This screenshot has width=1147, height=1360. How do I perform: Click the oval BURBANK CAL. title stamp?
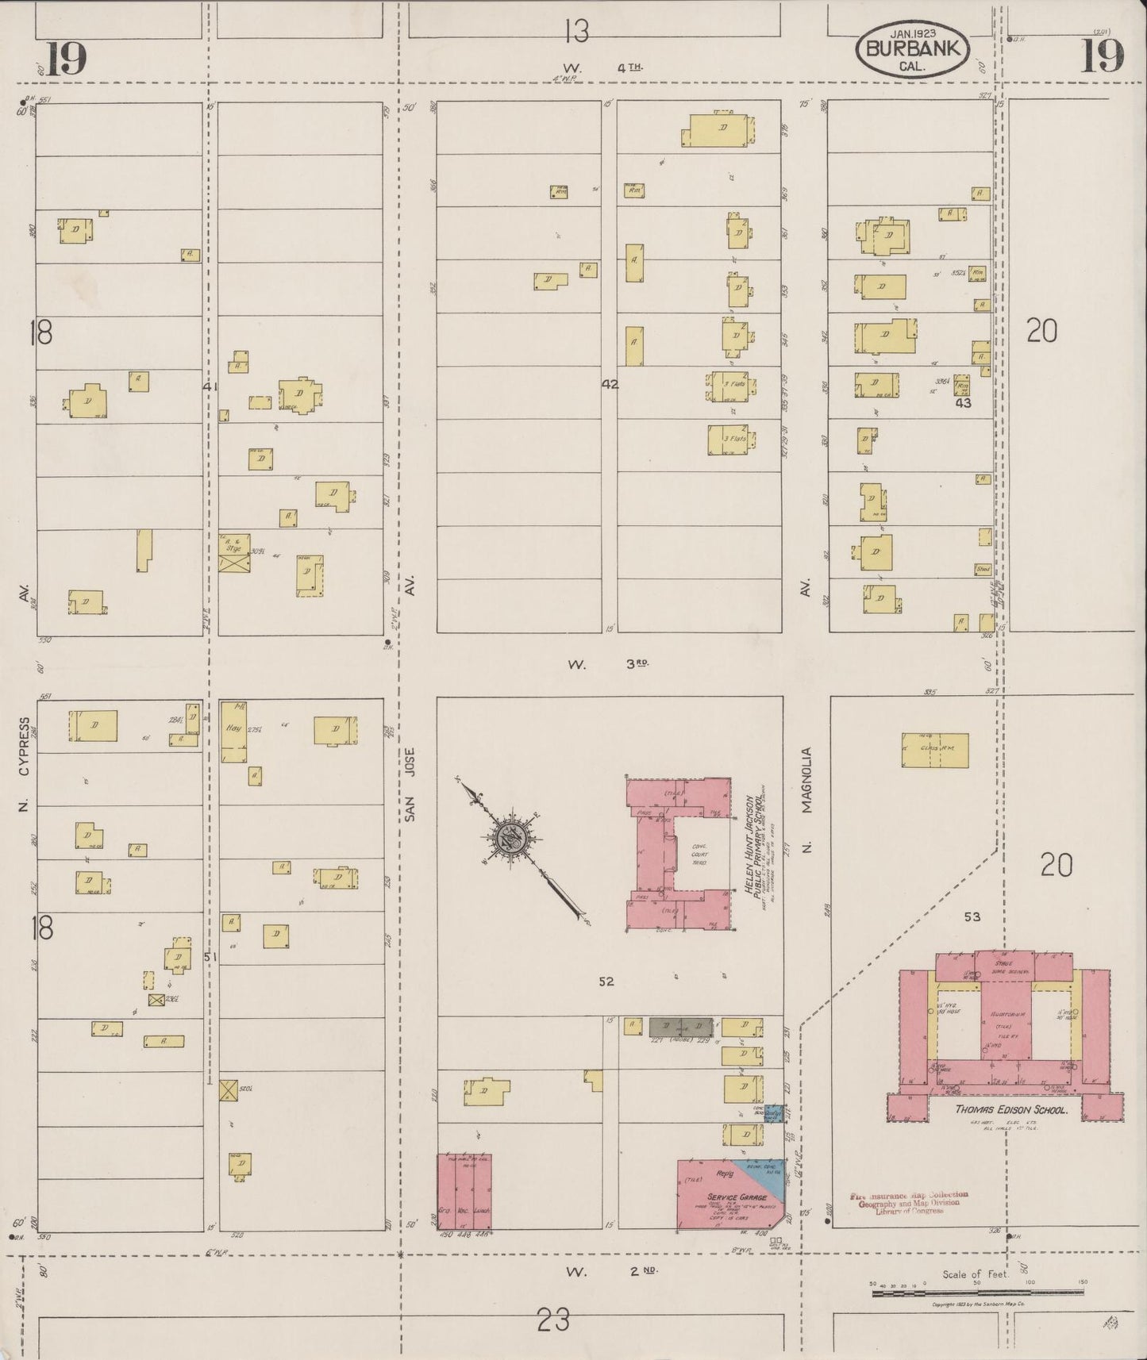912,50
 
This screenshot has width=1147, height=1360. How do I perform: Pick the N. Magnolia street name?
807,801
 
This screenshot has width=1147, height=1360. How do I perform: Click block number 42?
610,384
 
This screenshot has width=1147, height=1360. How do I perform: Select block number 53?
972,916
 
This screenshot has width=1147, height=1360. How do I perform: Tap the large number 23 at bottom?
553,1321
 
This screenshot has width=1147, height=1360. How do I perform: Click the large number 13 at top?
577,32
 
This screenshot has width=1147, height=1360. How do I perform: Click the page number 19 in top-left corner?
65,58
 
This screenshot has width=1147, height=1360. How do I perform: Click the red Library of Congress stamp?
909,1203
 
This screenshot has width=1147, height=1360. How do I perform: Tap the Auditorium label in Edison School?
1004,1014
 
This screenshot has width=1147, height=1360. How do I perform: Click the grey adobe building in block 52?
680,1026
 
